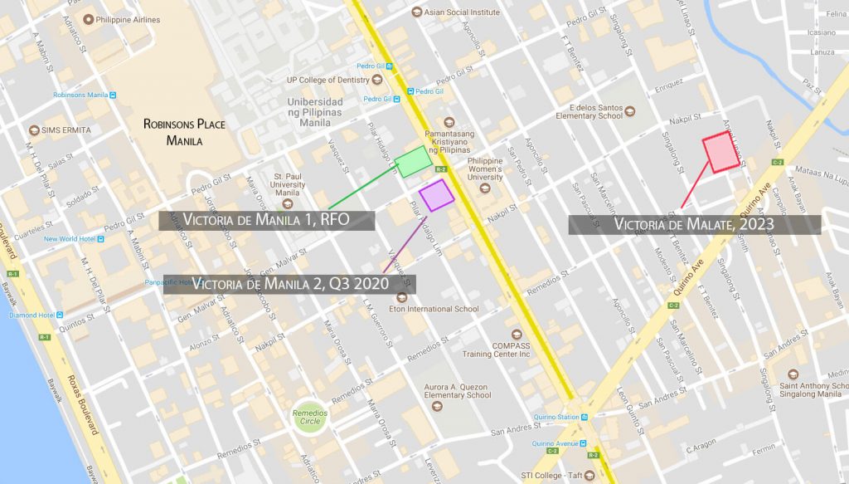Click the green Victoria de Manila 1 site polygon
(412, 161)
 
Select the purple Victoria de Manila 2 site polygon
(436, 195)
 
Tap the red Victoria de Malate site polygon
(721, 152)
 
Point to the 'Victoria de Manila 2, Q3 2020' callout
(289, 284)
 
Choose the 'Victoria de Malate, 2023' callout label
(694, 224)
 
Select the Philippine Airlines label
(126, 18)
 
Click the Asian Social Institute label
(463, 12)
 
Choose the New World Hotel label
(71, 239)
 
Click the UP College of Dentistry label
(326, 80)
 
